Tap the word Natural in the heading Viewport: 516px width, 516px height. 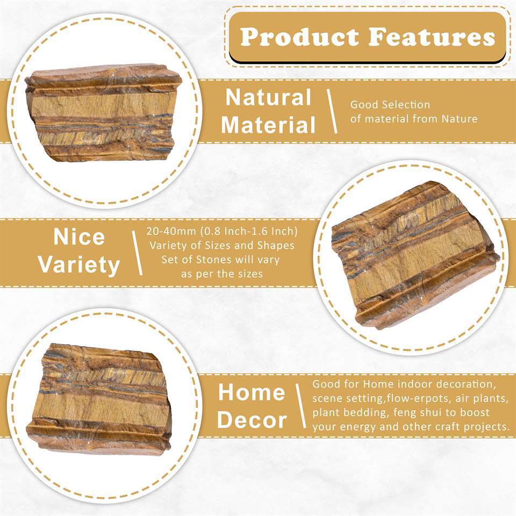(x=268, y=98)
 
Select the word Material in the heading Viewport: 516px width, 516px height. (x=268, y=125)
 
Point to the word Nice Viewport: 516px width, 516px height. (x=79, y=237)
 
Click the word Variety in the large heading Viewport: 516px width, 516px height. (x=79, y=265)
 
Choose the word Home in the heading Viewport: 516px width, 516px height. (x=252, y=392)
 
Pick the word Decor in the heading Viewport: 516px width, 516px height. (x=252, y=420)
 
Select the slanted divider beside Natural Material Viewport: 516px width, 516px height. (x=332, y=111)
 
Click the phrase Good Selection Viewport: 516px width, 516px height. (x=390, y=105)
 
